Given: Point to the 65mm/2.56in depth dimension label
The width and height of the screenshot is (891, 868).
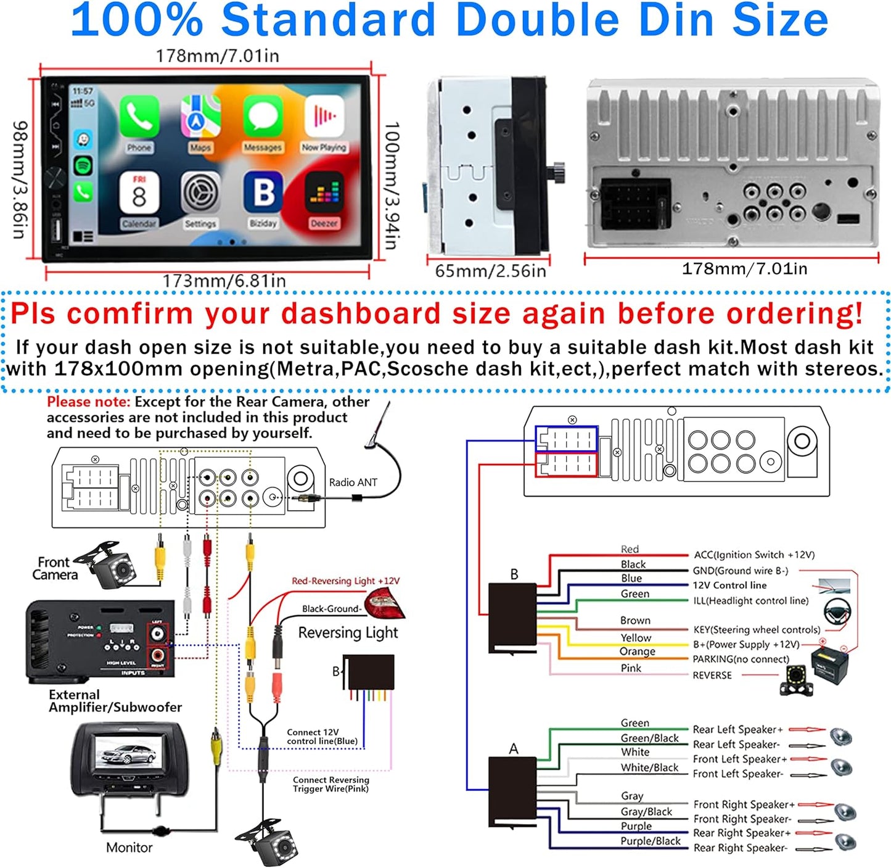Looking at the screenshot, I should (x=490, y=271).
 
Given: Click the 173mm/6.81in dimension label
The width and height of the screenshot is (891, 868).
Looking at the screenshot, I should (x=224, y=281).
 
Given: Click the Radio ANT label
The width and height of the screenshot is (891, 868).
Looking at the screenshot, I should (x=353, y=482).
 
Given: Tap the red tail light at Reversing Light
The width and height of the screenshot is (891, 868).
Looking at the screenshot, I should (x=385, y=603).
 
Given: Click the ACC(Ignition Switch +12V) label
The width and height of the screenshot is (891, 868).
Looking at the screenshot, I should (x=753, y=555).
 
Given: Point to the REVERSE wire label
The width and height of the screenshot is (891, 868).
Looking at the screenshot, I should (x=712, y=676).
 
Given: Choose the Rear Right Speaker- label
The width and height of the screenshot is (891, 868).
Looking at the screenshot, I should (x=740, y=848).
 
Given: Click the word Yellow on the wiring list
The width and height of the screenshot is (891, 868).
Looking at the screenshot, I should (x=636, y=638).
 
